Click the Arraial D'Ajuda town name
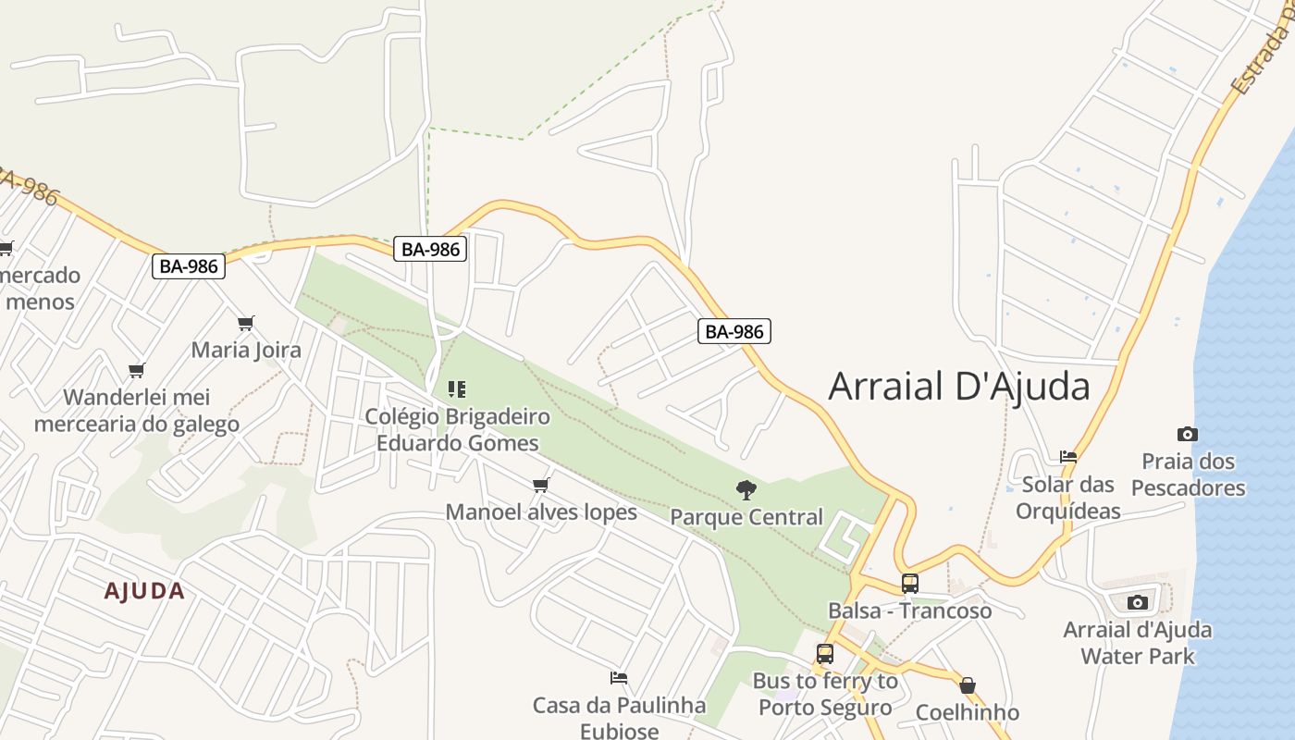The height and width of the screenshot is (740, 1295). (x=959, y=387)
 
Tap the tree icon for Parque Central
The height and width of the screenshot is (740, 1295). (x=746, y=490)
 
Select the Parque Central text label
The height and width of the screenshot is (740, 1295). (x=746, y=517)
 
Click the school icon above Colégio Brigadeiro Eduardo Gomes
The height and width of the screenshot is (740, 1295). (x=457, y=389)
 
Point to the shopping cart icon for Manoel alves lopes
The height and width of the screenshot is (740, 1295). (x=541, y=485)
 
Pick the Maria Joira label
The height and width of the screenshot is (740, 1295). (x=246, y=351)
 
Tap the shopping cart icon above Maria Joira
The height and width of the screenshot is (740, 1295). (x=245, y=323)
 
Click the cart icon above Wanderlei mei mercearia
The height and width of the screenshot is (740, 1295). (x=137, y=370)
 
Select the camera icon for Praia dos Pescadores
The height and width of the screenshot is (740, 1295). (x=1187, y=434)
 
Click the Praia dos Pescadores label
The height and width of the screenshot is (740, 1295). (x=1188, y=475)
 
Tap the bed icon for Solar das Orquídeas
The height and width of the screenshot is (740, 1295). (x=1068, y=456)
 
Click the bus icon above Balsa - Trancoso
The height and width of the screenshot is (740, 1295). (x=910, y=584)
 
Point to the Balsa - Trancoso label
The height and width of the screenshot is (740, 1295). (x=909, y=611)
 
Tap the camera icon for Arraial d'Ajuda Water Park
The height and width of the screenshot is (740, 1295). (x=1138, y=603)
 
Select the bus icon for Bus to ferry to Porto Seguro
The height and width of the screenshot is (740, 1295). (x=824, y=654)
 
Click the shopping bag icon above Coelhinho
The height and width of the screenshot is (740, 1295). (x=968, y=685)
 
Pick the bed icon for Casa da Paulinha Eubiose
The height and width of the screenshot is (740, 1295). (x=619, y=678)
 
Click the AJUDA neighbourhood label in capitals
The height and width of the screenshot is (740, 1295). (x=144, y=591)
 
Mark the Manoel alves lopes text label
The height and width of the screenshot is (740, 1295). (x=541, y=512)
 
